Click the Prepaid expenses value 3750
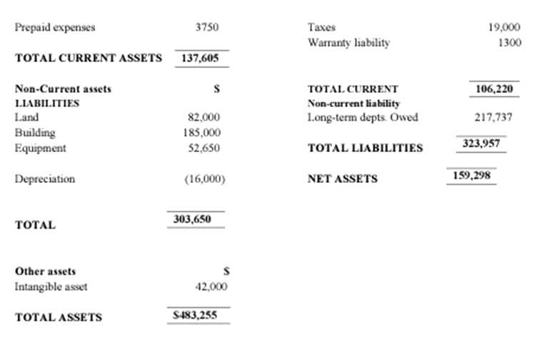tap(206, 28)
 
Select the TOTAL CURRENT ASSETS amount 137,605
tap(201, 58)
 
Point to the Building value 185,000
tap(202, 133)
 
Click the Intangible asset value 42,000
tap(211, 286)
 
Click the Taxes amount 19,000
tap(504, 28)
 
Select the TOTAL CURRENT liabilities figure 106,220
tap(493, 89)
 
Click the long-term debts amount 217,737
tap(493, 117)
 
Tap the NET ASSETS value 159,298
tap(471, 175)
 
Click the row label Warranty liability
tap(348, 43)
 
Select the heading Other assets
tap(45, 271)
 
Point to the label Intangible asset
tap(51, 286)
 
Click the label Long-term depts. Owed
tap(362, 117)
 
